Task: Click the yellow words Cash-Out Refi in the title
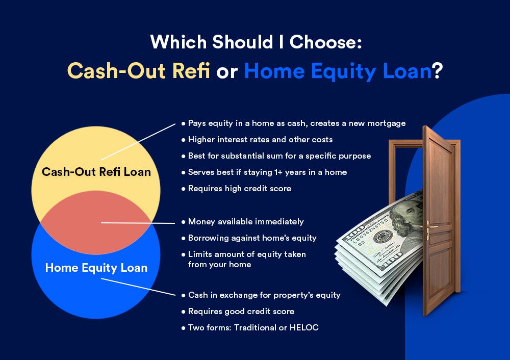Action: [139, 70]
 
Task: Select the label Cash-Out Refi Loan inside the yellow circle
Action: [96, 172]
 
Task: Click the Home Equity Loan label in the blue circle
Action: [96, 268]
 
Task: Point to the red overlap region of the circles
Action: [96, 222]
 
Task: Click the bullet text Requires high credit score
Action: [240, 189]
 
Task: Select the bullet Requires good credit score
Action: [241, 312]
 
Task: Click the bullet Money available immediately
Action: [246, 222]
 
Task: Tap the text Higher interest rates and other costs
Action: [260, 140]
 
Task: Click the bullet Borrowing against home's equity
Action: [252, 238]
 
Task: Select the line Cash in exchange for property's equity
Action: [264, 295]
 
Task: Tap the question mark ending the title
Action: [438, 70]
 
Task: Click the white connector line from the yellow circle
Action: [138, 142]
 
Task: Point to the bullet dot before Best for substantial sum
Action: [184, 156]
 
